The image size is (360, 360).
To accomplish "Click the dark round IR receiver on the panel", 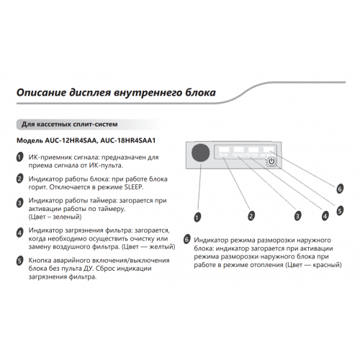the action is point(201,153).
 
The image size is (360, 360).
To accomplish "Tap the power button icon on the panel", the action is point(271,161).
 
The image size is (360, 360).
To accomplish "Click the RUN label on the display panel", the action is point(223,155).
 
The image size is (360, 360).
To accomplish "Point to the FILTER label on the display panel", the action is point(252,156).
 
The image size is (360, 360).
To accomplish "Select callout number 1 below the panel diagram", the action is point(197,217).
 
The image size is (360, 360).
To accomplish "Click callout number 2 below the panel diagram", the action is point(251,216).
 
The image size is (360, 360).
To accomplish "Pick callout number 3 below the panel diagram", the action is point(297,216).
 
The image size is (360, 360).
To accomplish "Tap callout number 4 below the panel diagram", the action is point(325,216).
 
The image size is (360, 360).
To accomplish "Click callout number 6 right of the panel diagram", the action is point(340,189).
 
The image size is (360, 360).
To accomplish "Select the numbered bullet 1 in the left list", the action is point(19,157).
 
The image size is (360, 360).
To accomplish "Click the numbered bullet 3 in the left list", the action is point(19,203).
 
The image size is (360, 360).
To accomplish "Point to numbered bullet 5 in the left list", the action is point(19,261).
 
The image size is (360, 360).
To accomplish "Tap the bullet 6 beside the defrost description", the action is point(186,240).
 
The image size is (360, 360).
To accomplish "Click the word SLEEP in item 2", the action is point(133,187).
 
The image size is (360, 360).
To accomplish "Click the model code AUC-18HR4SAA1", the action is point(128,140).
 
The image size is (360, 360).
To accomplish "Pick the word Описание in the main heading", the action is point(40,93).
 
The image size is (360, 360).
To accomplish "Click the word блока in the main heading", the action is point(201,93).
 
